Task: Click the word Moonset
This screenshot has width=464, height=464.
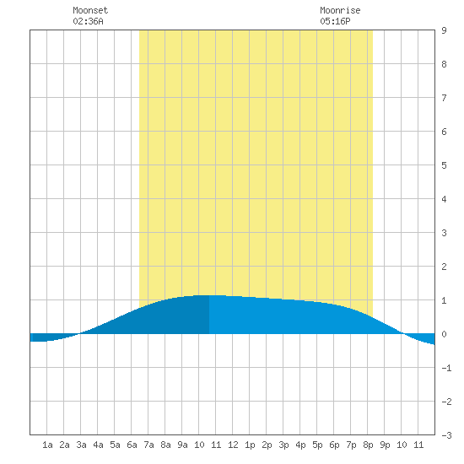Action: (x=90, y=10)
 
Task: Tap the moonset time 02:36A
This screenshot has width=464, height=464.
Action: (x=88, y=21)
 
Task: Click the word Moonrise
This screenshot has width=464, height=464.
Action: (x=340, y=10)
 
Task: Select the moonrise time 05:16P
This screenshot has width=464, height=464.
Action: (x=335, y=21)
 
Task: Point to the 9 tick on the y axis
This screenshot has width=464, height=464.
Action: (x=444, y=30)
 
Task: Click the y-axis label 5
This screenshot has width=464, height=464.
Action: (x=444, y=165)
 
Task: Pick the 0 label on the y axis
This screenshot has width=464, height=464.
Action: (x=444, y=334)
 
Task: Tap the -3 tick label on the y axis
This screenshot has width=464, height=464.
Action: (x=446, y=435)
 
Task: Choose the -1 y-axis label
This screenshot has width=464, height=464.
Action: (x=446, y=368)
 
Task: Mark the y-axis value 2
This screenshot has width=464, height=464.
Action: (x=444, y=267)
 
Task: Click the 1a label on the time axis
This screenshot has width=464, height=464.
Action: (x=47, y=445)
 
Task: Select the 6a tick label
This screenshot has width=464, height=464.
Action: (x=132, y=445)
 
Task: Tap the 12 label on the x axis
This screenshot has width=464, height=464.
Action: (x=233, y=445)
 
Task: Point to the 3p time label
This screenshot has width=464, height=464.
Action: (x=283, y=445)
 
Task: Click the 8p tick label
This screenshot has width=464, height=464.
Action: (x=368, y=445)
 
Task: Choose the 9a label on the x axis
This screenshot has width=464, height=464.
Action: (x=182, y=445)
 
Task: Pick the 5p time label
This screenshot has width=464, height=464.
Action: (x=317, y=445)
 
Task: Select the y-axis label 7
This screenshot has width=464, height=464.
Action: (x=444, y=98)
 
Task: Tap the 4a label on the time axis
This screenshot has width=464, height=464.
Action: (x=98, y=445)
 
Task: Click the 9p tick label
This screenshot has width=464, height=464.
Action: (x=385, y=445)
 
